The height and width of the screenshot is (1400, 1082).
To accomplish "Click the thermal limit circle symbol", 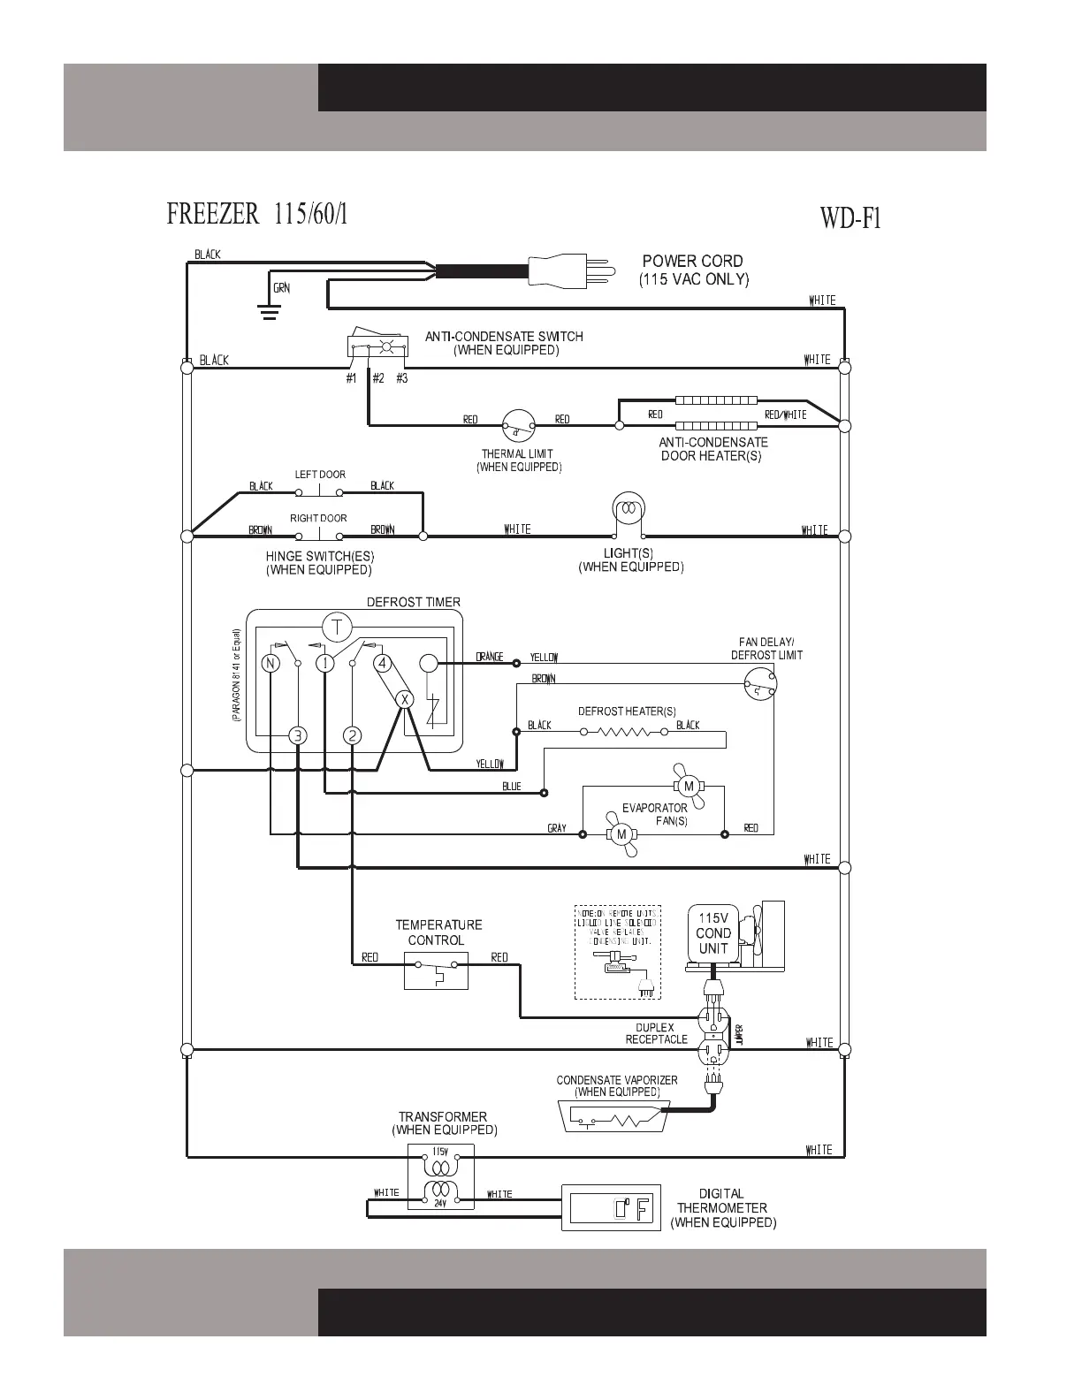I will [x=518, y=426].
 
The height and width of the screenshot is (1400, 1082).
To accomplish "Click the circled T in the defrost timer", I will [x=336, y=628].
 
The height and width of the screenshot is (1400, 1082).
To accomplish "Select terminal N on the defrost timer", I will [x=270, y=663].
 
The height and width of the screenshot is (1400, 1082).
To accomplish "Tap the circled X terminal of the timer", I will [x=404, y=699].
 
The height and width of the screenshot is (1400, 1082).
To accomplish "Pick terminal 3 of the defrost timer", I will [x=298, y=735].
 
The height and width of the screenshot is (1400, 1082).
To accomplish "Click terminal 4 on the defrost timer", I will [x=382, y=663].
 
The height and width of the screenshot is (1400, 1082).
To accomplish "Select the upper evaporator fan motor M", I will [x=689, y=786].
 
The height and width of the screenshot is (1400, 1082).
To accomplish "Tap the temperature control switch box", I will [x=436, y=972].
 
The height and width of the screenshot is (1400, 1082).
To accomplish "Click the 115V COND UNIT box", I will [x=712, y=935].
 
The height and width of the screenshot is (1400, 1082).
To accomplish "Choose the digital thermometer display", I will [x=611, y=1208].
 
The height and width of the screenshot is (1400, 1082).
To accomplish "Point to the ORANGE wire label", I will [x=489, y=657].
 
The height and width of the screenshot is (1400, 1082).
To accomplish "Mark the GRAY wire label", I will [x=557, y=828].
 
